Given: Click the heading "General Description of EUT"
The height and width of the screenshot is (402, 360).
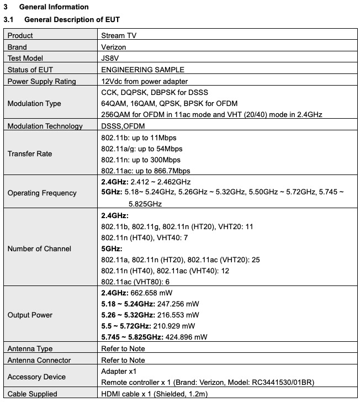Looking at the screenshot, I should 72,20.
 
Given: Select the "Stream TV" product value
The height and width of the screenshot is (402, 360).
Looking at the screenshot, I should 119,36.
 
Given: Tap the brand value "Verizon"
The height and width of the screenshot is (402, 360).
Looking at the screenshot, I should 114,47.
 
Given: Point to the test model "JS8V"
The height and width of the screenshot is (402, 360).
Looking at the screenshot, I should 111,59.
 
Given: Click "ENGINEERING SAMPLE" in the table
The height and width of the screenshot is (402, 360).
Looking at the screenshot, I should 142,70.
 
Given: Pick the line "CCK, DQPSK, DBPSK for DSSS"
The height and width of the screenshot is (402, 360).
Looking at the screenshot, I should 155,92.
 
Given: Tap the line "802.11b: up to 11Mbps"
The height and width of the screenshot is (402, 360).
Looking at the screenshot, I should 139,137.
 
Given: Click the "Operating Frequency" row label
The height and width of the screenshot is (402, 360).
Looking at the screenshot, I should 42,193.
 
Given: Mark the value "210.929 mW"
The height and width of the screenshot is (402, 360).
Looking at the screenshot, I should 171,326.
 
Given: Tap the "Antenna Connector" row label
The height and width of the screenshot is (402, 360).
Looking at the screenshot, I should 39,360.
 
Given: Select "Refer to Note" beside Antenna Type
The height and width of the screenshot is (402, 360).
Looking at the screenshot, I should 123,348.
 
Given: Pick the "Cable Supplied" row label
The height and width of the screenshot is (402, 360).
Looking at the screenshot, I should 33,394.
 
